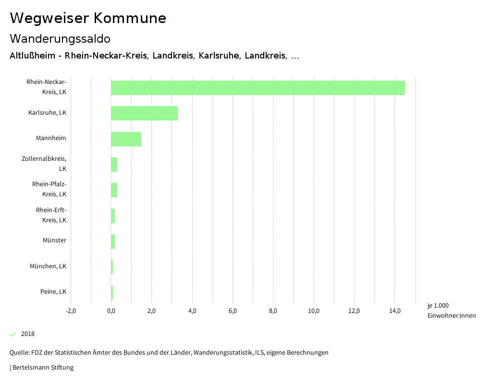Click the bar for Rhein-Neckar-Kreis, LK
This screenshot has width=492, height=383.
click(x=258, y=88)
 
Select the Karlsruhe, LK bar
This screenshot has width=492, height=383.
click(x=144, y=113)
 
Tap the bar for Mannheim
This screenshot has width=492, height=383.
click(x=126, y=139)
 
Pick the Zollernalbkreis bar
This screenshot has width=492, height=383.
click(x=114, y=164)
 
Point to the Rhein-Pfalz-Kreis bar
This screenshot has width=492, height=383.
click(x=114, y=190)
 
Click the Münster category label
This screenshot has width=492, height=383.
click(x=54, y=240)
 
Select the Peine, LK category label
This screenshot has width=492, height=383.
click(x=53, y=292)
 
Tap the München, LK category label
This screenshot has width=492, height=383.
click(x=48, y=266)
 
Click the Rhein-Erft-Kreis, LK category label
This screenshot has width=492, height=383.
click(x=51, y=215)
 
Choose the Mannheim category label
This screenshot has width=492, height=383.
click(x=51, y=139)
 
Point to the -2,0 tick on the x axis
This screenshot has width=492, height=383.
click(x=71, y=311)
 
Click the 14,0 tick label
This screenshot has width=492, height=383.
click(x=395, y=311)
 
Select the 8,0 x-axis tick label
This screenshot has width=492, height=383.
click(x=273, y=311)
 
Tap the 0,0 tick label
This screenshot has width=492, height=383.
click(x=111, y=311)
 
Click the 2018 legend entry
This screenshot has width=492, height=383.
click(x=28, y=334)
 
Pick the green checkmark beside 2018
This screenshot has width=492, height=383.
click(x=13, y=334)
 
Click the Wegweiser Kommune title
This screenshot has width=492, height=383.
click(x=88, y=18)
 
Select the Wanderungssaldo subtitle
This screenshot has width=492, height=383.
click(x=60, y=38)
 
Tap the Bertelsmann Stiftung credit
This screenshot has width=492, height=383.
click(x=42, y=368)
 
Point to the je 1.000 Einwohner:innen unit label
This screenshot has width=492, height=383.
click(x=451, y=311)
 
